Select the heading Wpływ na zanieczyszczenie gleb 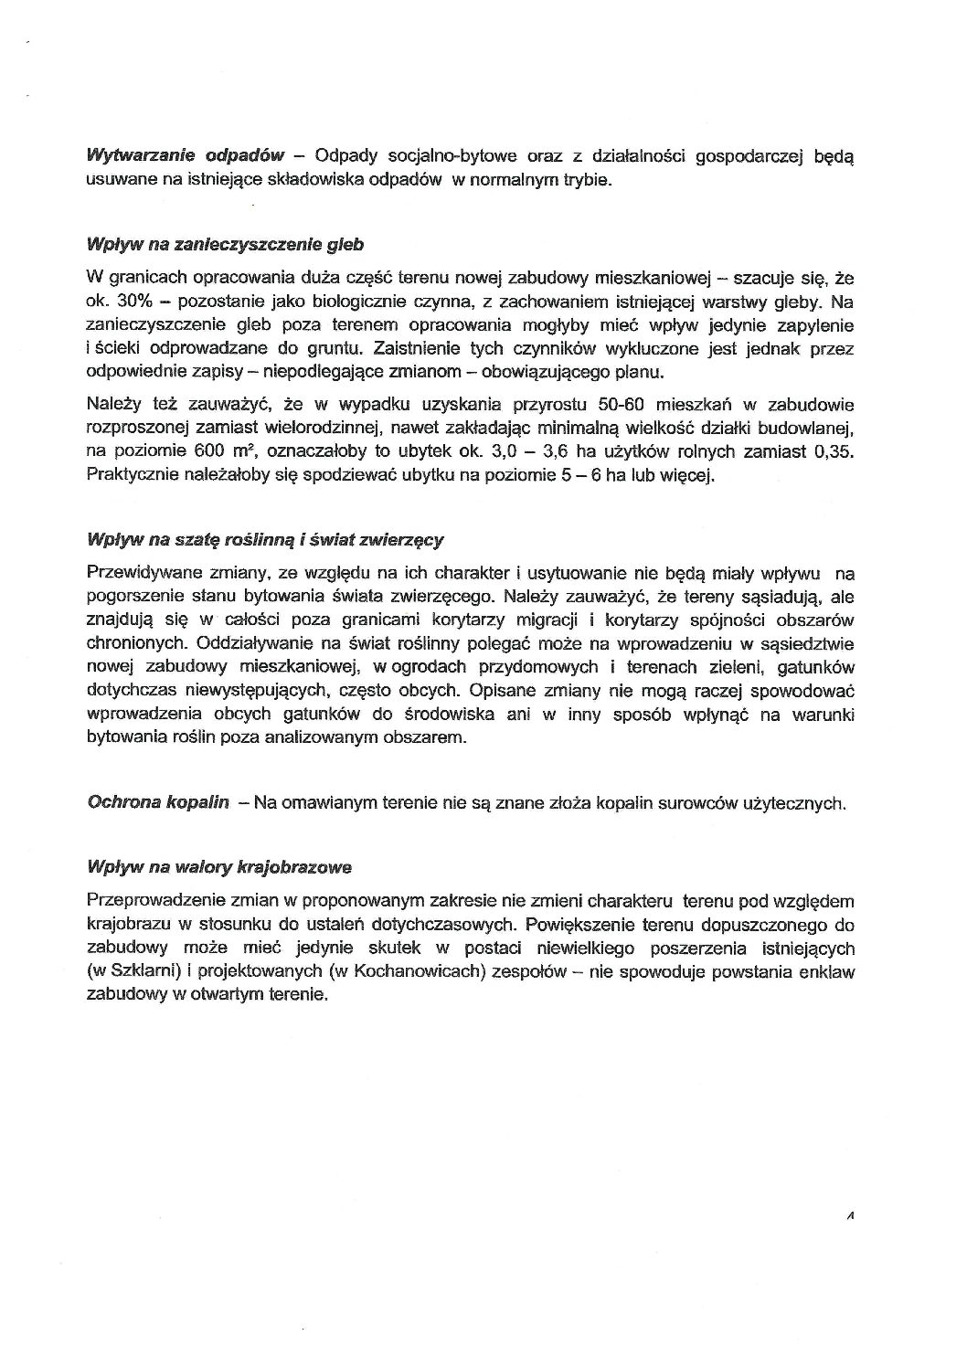224,245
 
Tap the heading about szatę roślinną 264,539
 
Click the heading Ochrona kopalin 157,803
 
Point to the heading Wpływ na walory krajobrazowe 218,866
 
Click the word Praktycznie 129,475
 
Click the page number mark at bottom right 850,1216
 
